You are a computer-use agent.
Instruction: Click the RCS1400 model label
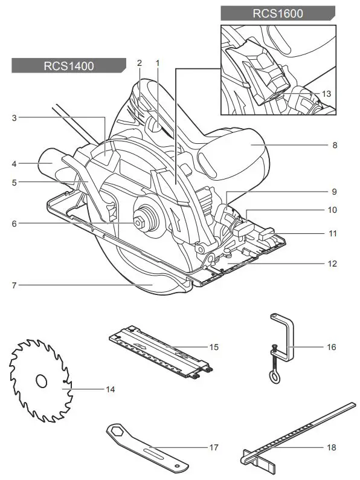(68, 66)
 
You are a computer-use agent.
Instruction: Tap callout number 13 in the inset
(326, 94)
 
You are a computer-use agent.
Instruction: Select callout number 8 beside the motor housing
(334, 145)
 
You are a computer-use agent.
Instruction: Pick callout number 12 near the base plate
(333, 264)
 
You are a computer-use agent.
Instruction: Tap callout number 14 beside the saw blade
(110, 389)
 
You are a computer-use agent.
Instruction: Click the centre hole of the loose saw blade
(41, 381)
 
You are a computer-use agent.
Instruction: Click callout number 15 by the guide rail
(213, 347)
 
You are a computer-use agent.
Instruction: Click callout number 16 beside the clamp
(332, 347)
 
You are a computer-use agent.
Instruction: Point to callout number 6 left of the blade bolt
(13, 223)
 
